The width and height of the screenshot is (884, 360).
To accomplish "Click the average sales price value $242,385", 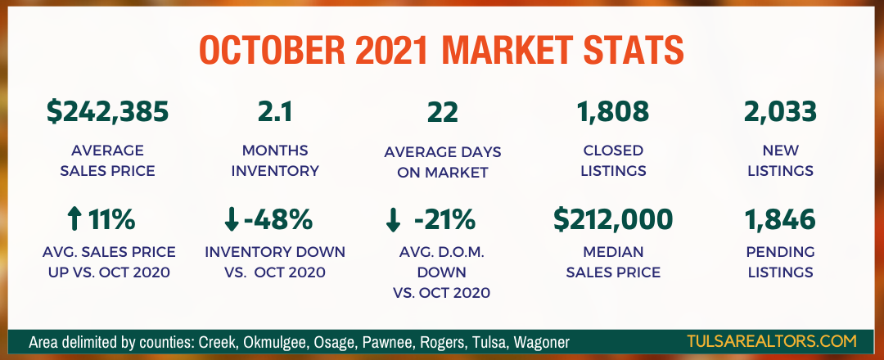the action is [x=108, y=111].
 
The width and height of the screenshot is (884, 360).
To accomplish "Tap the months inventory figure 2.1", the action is [x=274, y=111].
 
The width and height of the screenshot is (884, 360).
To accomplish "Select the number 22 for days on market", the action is [x=443, y=111].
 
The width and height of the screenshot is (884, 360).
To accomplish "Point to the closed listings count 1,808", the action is [x=612, y=111].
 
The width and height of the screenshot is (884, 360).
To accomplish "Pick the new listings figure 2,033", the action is [x=780, y=111].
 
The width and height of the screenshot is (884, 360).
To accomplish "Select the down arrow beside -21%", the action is [x=393, y=221].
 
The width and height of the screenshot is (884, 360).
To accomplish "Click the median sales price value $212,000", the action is [x=613, y=219].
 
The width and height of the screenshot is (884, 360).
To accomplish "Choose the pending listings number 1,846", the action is [x=780, y=220].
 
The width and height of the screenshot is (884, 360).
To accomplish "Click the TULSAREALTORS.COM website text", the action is [x=771, y=341].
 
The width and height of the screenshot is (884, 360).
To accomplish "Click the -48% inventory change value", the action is [x=278, y=220].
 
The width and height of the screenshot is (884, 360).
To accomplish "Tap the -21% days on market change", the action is [x=444, y=220].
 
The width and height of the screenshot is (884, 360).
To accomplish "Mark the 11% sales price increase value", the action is [x=111, y=220].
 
